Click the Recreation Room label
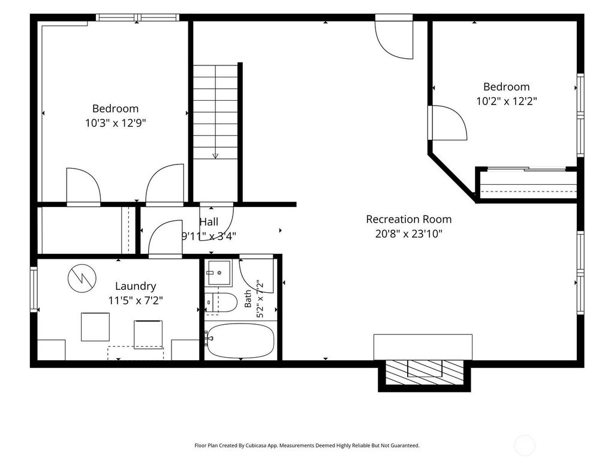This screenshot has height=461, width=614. point(409,219)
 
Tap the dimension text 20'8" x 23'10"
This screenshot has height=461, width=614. point(409,234)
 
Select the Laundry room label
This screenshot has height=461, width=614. point(136,286)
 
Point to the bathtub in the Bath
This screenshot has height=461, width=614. point(240,341)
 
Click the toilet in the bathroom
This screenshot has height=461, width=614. point(221,303)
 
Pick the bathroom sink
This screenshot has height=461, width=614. point(219,273)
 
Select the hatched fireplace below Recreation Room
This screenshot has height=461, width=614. point(425,373)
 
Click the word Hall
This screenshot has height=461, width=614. point(209,222)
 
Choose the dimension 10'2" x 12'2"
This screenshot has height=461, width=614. point(506,101)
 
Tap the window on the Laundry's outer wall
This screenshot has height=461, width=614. point(34,289)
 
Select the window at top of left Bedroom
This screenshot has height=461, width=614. point(137,17)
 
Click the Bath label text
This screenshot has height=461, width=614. point(248,299)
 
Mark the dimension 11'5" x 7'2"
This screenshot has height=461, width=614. point(136,301)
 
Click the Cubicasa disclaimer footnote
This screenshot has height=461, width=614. point(307,445)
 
